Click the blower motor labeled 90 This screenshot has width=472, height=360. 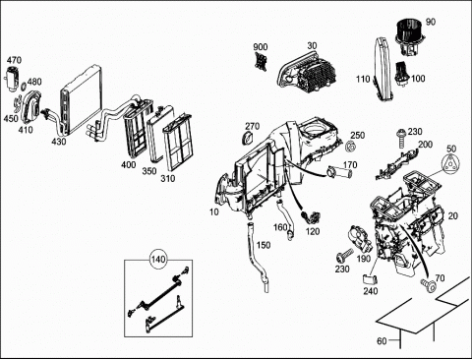click(x=407, y=36)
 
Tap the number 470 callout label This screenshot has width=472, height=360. click(x=14, y=60)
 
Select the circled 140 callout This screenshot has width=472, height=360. click(x=158, y=260)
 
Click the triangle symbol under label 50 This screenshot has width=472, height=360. click(x=450, y=163)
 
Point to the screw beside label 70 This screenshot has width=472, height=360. click(x=428, y=284)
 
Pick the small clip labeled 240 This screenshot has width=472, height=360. click(x=370, y=279)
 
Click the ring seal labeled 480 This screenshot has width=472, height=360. click(x=24, y=87)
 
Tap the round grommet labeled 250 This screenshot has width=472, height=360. click(x=350, y=146)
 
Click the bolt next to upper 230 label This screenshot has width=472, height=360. click(x=400, y=138)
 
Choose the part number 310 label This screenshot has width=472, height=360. click(x=167, y=179)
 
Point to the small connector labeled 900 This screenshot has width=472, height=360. click(x=261, y=61)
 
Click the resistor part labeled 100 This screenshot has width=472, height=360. click(x=403, y=73)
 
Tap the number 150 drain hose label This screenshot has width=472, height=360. click(x=264, y=245)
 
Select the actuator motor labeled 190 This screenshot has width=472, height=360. click(x=359, y=239)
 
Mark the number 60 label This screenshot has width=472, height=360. click(x=382, y=341)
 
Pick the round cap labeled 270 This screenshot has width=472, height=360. click(x=248, y=139)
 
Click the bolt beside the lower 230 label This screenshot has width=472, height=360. click(x=344, y=256)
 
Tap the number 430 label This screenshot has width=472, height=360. click(x=59, y=142)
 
